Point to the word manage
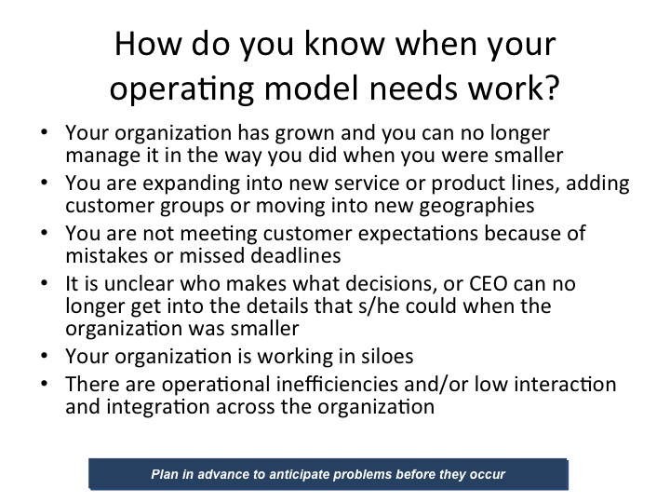point(98,153)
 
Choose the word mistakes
point(103,254)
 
